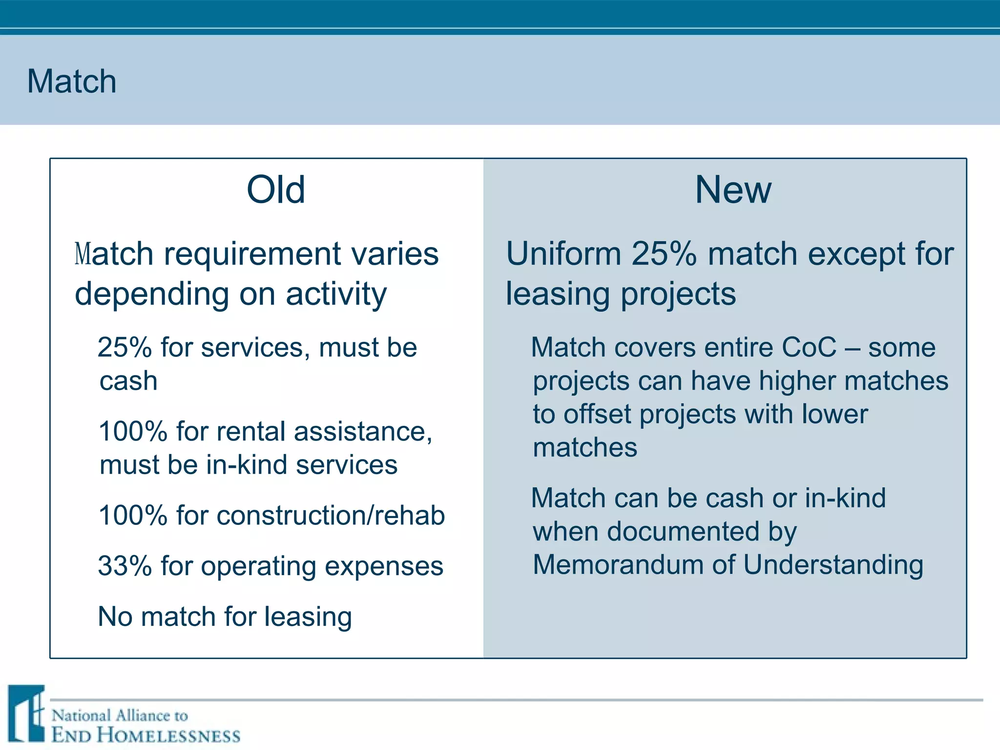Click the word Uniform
click(563, 254)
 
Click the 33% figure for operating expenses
click(125, 566)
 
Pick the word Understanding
click(833, 565)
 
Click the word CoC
click(809, 348)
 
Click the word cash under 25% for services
click(128, 381)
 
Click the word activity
click(336, 294)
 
